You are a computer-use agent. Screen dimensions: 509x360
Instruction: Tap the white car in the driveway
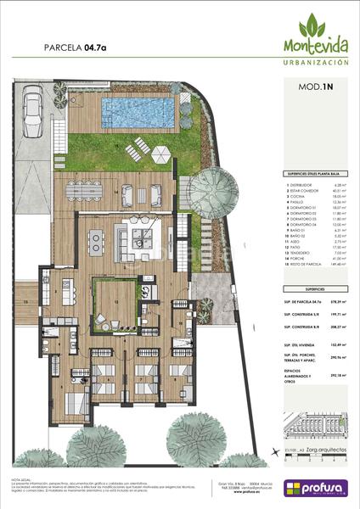click(x=33, y=108)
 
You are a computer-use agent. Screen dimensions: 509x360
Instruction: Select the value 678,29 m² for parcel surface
click(x=337, y=301)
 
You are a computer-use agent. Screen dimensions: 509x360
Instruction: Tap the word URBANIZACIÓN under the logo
click(x=315, y=63)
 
